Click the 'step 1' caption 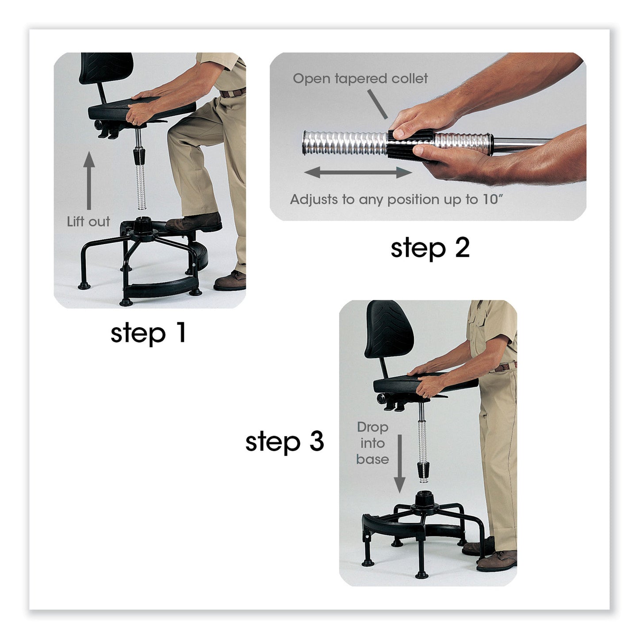(148, 333)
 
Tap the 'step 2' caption (429, 248)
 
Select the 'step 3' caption (284, 442)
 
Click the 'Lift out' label (88, 222)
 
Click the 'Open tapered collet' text (360, 79)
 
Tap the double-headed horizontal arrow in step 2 (358, 172)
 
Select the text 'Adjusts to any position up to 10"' (396, 199)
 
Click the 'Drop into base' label (372, 443)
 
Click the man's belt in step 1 (233, 93)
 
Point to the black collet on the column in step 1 (140, 156)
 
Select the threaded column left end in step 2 (310, 143)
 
